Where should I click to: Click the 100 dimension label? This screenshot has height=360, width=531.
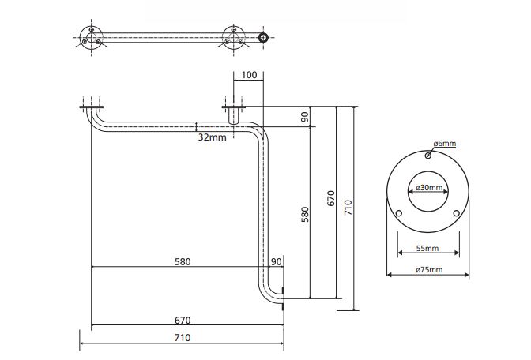249,75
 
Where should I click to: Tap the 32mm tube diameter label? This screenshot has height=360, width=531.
213,137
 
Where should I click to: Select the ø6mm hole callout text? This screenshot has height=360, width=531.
445,144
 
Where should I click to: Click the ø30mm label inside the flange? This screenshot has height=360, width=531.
429,187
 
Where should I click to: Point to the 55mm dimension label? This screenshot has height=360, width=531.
427,249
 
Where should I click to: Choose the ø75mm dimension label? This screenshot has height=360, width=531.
429,270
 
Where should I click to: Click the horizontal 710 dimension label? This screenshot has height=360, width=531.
183,337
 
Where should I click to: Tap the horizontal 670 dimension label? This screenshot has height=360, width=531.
183,320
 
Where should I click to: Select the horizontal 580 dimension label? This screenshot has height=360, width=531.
183,261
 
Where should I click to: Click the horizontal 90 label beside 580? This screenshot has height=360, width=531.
277,261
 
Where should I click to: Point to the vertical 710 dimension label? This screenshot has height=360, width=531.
348,207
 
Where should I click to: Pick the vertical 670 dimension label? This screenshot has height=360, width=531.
331,198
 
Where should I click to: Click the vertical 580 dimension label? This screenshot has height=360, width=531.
305,214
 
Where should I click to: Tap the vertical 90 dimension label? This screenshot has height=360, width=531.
305,117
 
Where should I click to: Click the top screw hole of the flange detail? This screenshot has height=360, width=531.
428,156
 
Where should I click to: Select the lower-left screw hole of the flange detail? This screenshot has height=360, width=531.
399,213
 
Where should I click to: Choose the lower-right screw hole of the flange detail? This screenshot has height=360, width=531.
456,213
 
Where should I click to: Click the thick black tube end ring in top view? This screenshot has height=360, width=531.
263,38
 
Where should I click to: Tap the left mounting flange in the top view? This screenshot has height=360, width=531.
91,37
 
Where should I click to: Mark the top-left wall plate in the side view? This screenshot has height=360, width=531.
92,107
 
